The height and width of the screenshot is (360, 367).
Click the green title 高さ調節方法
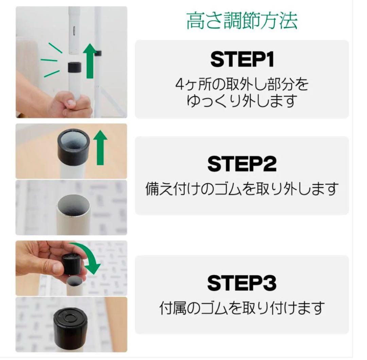[242, 21]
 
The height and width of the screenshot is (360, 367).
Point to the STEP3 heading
[242, 283]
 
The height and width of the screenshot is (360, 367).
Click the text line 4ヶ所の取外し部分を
[242, 84]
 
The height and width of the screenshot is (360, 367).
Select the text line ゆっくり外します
[242, 101]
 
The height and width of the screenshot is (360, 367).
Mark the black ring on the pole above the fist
[74, 67]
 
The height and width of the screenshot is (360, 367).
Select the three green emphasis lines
[51, 61]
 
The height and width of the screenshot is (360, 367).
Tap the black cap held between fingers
[72, 264]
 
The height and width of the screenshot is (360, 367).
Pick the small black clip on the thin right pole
[99, 53]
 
